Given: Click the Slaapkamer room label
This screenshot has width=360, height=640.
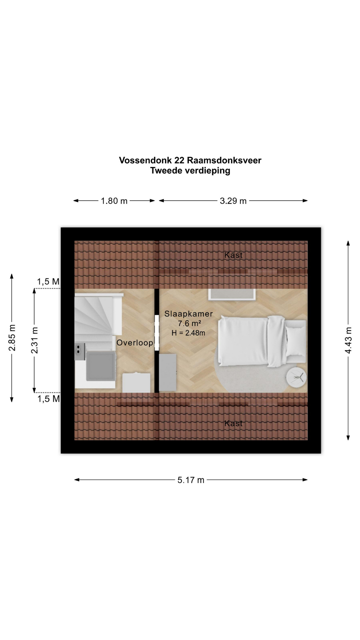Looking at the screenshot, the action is point(188,314).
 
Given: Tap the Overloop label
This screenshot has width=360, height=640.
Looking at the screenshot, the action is point(135,343).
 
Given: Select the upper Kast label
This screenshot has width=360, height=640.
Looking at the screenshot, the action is point(233,255).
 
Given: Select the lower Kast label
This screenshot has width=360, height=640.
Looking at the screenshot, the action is point(233,423).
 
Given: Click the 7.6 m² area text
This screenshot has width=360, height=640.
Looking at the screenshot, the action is point(189,323).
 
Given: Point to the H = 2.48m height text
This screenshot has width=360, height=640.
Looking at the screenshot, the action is point(188,333).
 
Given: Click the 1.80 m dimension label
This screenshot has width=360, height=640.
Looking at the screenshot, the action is point(114,201).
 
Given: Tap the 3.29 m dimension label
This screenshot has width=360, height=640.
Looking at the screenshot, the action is point(233,201).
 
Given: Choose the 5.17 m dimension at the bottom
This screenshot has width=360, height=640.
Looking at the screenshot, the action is point(191,480).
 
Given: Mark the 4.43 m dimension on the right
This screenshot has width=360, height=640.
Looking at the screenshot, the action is point(348,340).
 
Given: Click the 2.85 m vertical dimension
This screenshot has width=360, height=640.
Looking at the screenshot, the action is point(12,338).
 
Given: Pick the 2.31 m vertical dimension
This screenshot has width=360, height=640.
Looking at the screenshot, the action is point(34,340).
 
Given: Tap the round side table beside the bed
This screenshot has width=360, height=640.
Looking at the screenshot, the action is point(296,377).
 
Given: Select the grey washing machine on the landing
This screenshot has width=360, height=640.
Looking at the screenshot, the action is point(100,366).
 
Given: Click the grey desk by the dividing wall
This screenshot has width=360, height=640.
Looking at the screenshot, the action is point(167,372).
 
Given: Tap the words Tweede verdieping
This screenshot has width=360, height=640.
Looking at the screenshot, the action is point(190,171).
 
